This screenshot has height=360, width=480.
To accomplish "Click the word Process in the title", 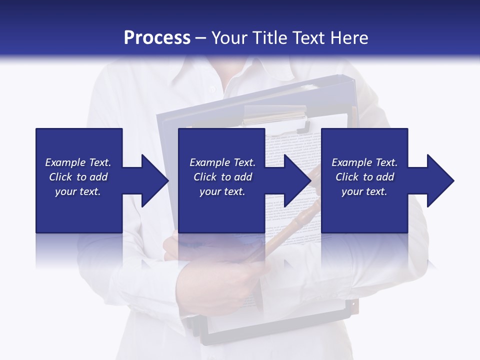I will click(x=157, y=38).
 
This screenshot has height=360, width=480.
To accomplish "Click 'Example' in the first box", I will click(x=65, y=162).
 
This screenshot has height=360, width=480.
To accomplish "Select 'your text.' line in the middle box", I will click(x=222, y=191).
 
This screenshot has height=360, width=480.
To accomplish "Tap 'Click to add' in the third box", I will click(x=364, y=177).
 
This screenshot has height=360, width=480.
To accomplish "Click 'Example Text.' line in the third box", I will click(x=364, y=162).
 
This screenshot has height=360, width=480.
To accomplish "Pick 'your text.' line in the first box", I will click(x=78, y=191).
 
